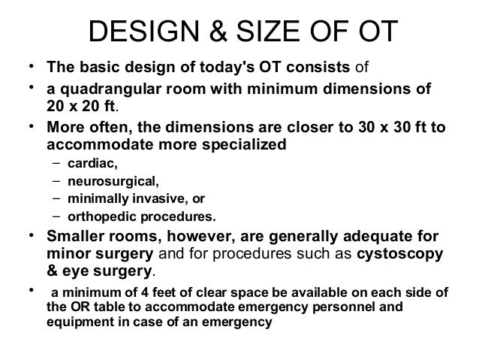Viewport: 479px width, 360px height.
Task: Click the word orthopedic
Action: click(x=101, y=217)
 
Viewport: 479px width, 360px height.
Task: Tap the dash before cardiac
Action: click(x=57, y=163)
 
